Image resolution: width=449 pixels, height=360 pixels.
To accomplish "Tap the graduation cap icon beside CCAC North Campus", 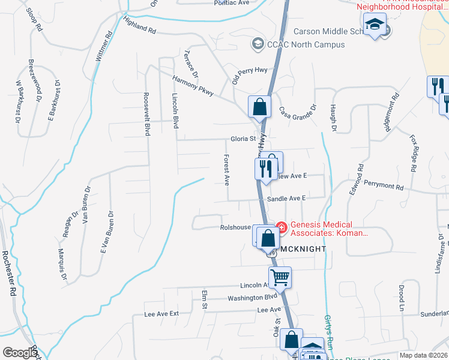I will pyautogui.click(x=258, y=43).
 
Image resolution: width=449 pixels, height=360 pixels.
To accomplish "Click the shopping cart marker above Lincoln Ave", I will pyautogui.click(x=279, y=277).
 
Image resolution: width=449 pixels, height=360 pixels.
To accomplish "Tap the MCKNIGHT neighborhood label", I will pyautogui.click(x=302, y=248).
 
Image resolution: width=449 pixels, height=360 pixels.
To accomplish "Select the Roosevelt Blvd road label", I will pyautogui.click(x=146, y=114).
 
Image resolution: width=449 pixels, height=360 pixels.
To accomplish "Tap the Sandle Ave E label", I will pyautogui.click(x=287, y=198).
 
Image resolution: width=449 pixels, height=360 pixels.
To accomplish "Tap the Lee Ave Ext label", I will pyautogui.click(x=161, y=314).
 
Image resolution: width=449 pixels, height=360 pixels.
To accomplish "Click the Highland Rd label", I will pyautogui.click(x=140, y=25).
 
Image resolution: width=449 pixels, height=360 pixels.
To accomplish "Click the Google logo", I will pyautogui.click(x=19, y=353).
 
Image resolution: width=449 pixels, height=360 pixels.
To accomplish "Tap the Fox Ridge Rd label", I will pyautogui.click(x=413, y=152).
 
